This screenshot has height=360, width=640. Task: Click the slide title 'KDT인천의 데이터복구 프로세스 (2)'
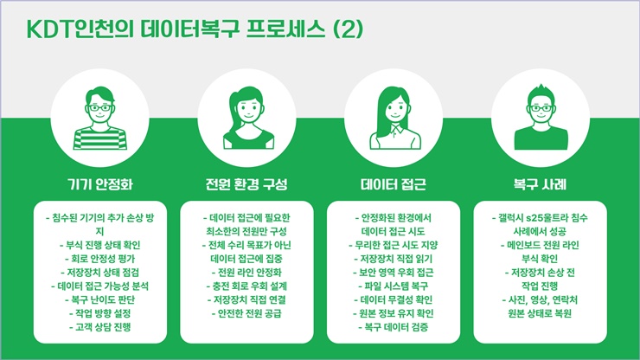[x=195, y=29]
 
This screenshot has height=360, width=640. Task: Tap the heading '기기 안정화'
[x=100, y=184]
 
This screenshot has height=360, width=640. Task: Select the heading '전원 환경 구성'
[x=246, y=184]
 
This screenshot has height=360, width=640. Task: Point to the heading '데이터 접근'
[x=394, y=184]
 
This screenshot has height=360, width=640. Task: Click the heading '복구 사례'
[x=540, y=184]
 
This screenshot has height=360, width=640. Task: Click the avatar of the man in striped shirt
[x=100, y=118]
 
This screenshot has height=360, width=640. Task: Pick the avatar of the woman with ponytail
[x=247, y=118]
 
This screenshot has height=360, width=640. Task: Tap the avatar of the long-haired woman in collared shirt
[x=394, y=118]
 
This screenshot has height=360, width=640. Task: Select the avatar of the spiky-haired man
[x=541, y=117]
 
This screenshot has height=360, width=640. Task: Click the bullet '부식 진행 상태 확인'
[x=100, y=245]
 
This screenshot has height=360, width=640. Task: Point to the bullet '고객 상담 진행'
[x=100, y=327]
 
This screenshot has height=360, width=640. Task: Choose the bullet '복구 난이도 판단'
[x=100, y=299]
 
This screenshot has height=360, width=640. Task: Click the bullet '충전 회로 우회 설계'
[x=246, y=286]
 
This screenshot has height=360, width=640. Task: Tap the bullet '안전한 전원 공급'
[x=246, y=313]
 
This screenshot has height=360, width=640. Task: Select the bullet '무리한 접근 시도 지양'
[x=394, y=245]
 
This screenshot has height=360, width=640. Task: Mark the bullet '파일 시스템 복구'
[x=394, y=286]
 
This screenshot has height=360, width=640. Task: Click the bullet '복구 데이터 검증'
[x=394, y=327]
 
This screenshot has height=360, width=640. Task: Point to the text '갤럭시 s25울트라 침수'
[x=540, y=218]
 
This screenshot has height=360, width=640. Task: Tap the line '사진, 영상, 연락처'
[x=540, y=299]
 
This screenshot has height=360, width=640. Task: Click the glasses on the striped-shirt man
[x=100, y=108]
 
